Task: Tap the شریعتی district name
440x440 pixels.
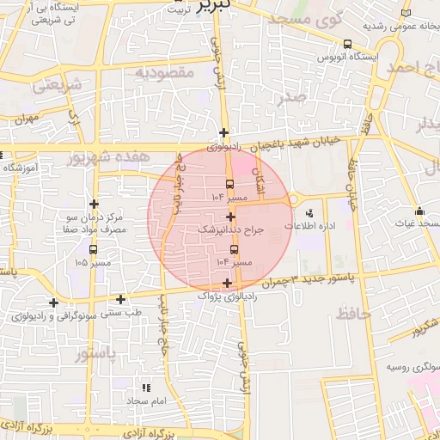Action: click(x=59, y=86)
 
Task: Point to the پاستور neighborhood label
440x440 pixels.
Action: click(x=94, y=353)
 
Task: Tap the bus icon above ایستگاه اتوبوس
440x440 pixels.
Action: click(x=347, y=44)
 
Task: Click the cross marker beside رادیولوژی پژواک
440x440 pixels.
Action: click(x=227, y=283)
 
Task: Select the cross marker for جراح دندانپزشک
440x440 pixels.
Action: click(x=231, y=216)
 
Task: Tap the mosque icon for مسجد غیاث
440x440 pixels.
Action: click(x=419, y=211)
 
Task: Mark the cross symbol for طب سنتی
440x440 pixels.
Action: click(x=121, y=300)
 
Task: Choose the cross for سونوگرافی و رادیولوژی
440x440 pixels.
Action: click(x=54, y=302)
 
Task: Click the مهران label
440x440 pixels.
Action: click(x=27, y=120)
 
